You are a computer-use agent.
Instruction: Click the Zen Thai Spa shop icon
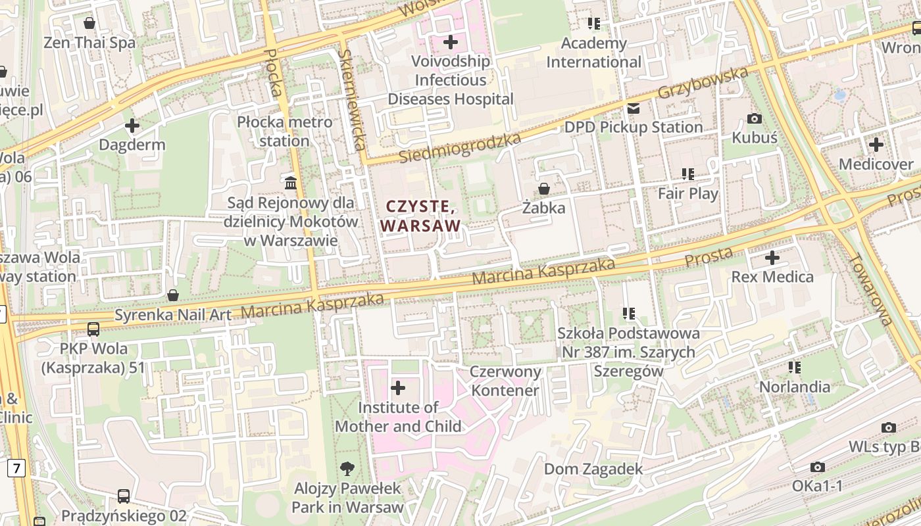[89, 24]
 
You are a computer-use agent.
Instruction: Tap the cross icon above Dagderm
[132, 125]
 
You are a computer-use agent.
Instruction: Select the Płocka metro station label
[285, 131]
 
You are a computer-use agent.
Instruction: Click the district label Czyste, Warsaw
[420, 216]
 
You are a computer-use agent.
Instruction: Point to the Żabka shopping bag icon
[544, 189]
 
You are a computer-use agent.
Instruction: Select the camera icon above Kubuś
[755, 119]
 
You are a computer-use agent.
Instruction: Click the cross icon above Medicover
[876, 145]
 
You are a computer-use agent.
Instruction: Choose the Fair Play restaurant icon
[688, 174]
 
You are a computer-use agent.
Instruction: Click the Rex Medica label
[772, 277]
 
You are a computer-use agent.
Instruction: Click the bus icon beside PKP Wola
[93, 329]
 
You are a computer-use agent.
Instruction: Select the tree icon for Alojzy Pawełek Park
[347, 469]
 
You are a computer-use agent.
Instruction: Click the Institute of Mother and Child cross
[398, 388]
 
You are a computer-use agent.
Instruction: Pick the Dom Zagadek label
[593, 469]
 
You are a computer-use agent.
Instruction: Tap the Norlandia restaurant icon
[795, 367]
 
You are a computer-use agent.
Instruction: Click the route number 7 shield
[16, 468]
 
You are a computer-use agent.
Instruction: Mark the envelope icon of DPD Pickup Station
[634, 108]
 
